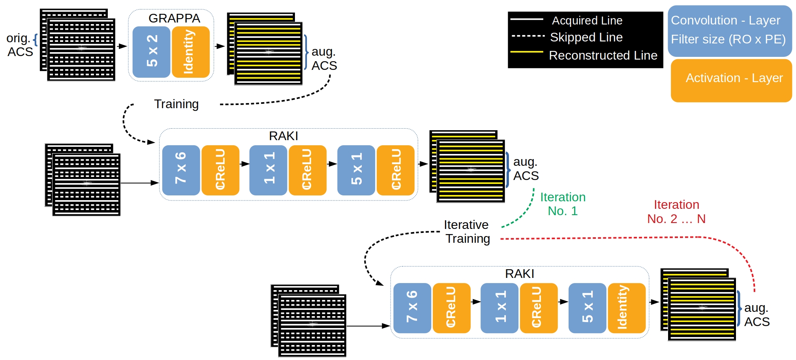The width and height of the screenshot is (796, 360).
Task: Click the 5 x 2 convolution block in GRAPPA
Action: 151,52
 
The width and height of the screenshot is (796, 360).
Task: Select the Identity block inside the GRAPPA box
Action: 190,52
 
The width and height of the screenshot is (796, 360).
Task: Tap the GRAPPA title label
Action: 174,18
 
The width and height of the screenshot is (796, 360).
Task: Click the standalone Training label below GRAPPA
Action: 176,104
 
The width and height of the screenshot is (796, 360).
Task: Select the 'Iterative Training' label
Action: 467,232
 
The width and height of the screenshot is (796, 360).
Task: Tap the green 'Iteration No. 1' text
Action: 563,204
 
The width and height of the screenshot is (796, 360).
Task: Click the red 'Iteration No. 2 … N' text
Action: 676,212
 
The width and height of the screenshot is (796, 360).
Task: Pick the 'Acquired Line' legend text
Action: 587,21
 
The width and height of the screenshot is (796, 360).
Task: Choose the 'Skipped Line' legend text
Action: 586,37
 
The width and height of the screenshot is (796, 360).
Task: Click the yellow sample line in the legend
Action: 526,52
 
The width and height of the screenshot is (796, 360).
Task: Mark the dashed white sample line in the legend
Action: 528,36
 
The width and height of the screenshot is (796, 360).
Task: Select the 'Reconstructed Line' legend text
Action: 603,55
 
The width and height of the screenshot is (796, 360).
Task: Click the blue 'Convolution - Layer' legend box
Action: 729,30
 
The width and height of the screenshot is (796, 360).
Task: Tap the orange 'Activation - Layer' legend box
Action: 731,81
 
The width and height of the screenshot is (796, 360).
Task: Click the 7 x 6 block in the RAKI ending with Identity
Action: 412,308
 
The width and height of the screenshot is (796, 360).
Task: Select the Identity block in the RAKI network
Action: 626,308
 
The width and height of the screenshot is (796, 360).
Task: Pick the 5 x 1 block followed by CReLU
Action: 356,170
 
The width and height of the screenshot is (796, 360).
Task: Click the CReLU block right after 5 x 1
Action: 395,170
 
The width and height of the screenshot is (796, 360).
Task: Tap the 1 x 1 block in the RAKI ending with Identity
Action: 499,308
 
